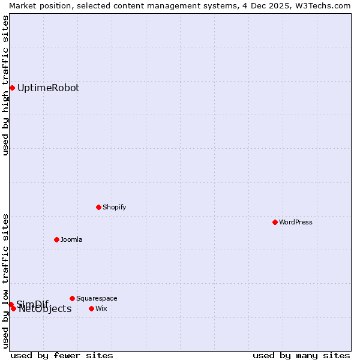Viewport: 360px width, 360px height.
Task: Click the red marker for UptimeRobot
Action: pos(12,88)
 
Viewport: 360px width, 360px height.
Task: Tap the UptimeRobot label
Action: pos(48,88)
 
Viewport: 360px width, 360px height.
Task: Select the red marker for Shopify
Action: pos(98,207)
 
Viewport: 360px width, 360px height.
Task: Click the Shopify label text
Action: pos(114,207)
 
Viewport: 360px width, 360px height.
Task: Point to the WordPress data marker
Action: pos(275,222)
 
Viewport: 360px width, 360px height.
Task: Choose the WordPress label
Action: pos(295,222)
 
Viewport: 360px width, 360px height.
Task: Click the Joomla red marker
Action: pos(56,239)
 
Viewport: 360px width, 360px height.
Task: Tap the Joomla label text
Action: pos(71,239)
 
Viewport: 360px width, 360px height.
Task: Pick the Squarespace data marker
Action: pos(72,298)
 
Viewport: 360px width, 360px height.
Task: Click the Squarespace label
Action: pos(97,298)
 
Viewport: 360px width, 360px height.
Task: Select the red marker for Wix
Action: pos(91,308)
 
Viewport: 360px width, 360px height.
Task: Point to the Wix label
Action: pos(101,308)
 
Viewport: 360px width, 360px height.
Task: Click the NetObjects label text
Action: pos(45,309)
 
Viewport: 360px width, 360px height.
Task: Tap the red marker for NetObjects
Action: pos(13,308)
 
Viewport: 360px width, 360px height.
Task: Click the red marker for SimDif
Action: pos(11,304)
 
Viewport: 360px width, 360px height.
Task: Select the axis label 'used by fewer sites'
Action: pos(62,355)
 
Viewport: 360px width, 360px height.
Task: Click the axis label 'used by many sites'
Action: pos(301,355)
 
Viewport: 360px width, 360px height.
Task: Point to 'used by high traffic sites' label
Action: pos(5,85)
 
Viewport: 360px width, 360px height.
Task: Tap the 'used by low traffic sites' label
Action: pos(5,280)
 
